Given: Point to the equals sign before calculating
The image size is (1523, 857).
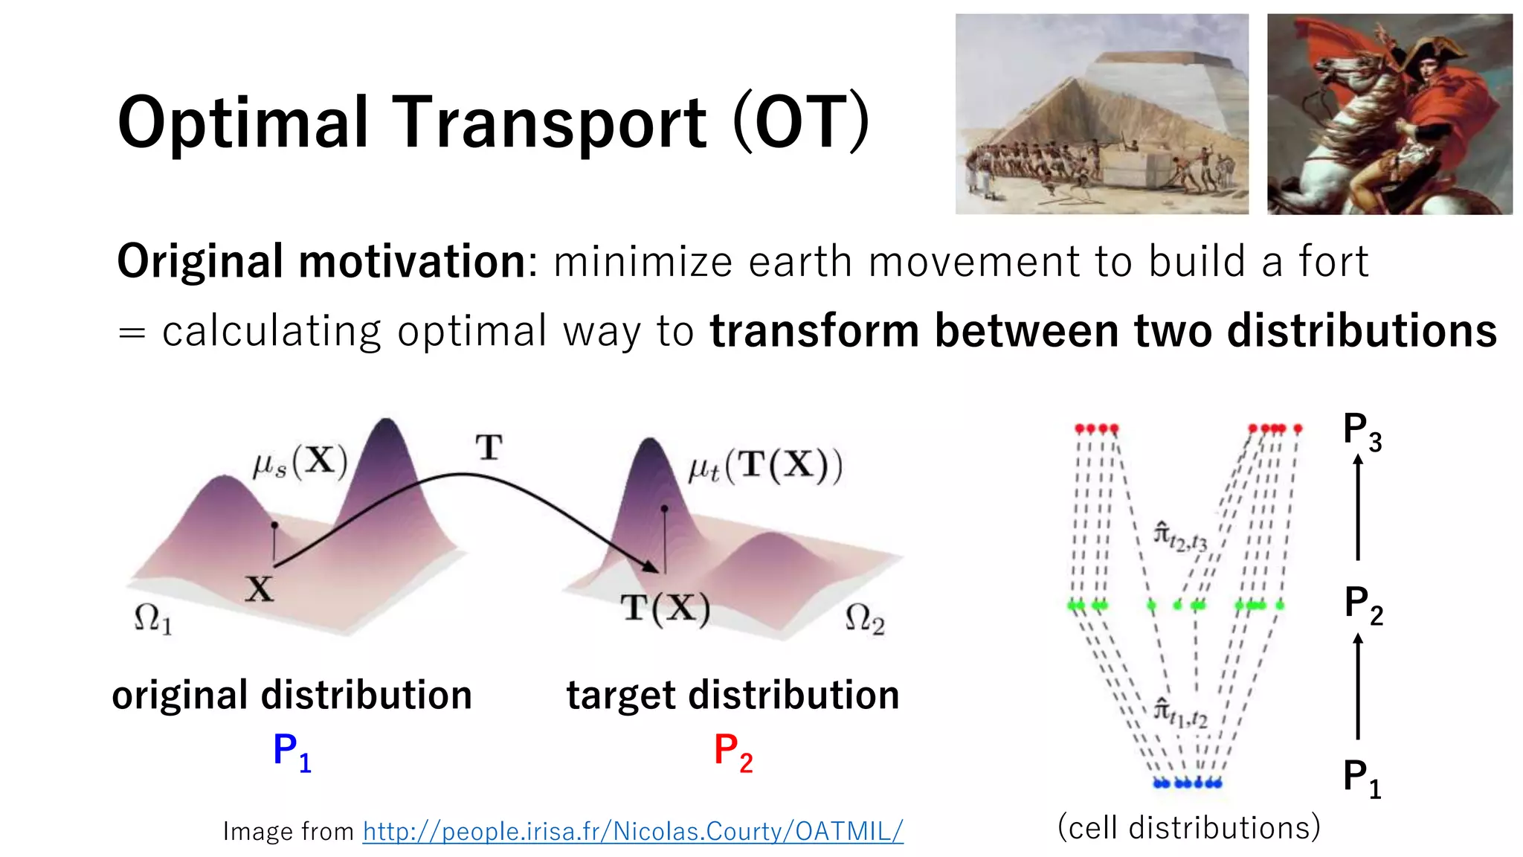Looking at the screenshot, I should tap(132, 332).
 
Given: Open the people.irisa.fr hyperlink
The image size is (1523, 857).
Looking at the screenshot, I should tap(632, 831).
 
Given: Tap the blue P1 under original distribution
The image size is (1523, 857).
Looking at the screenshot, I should tap(292, 751).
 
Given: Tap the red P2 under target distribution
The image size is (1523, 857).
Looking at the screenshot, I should tap(732, 751).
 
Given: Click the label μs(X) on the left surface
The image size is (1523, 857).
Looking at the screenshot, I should tap(300, 463).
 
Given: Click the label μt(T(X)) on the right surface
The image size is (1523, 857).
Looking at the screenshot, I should tap(765, 466).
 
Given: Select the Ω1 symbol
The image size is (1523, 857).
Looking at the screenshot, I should tap(152, 619).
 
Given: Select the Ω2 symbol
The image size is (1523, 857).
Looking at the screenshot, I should tap(864, 619).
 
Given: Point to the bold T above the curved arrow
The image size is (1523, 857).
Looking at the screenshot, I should tap(489, 447).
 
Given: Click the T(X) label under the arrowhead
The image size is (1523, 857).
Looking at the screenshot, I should tap(666, 609).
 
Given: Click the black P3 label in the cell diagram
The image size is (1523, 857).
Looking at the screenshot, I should tap(1362, 431).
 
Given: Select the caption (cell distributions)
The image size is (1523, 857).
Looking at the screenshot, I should tap(1188, 827).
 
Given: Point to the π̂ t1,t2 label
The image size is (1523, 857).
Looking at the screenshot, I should tap(1180, 712).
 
